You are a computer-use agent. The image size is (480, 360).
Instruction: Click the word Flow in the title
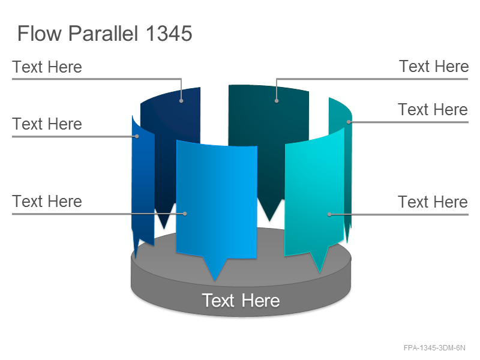40,34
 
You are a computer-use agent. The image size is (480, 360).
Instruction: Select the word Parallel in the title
103,34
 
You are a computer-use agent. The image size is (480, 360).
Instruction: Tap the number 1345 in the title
169,34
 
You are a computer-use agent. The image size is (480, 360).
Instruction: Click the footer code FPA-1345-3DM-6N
434,348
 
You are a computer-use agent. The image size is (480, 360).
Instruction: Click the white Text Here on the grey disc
241,301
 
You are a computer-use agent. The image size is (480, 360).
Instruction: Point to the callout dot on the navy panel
181,101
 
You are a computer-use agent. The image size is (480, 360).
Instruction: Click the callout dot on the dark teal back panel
277,101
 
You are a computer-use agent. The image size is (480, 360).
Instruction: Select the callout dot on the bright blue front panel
185,214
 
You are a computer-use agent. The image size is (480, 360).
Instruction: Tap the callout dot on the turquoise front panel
329,214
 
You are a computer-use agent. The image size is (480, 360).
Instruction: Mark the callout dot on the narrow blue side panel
137,136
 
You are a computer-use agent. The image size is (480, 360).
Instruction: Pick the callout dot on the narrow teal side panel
349,122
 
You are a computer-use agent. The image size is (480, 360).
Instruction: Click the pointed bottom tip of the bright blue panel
215,280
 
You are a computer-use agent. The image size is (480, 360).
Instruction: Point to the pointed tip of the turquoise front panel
320,272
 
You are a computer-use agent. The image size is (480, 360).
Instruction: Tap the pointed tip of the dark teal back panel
269,221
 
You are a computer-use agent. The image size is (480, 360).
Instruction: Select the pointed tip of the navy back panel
164,229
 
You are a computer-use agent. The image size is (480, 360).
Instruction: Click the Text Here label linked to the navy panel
47,67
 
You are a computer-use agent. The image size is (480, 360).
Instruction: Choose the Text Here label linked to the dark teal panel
434,66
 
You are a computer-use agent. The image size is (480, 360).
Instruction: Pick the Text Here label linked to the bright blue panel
47,202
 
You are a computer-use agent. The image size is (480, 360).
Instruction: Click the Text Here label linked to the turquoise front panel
433,202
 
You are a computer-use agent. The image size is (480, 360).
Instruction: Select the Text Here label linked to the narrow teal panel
433,109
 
